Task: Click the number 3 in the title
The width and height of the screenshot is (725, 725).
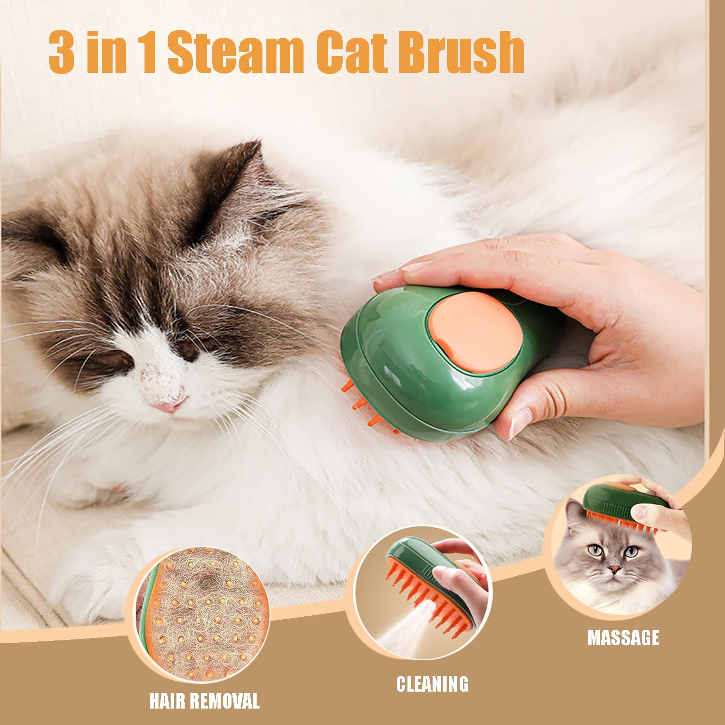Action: coord(61,52)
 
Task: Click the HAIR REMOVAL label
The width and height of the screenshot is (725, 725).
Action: coord(204,701)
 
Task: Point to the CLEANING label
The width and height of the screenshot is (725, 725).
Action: coord(432,684)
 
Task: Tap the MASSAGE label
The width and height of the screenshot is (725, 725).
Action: coord(623,638)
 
